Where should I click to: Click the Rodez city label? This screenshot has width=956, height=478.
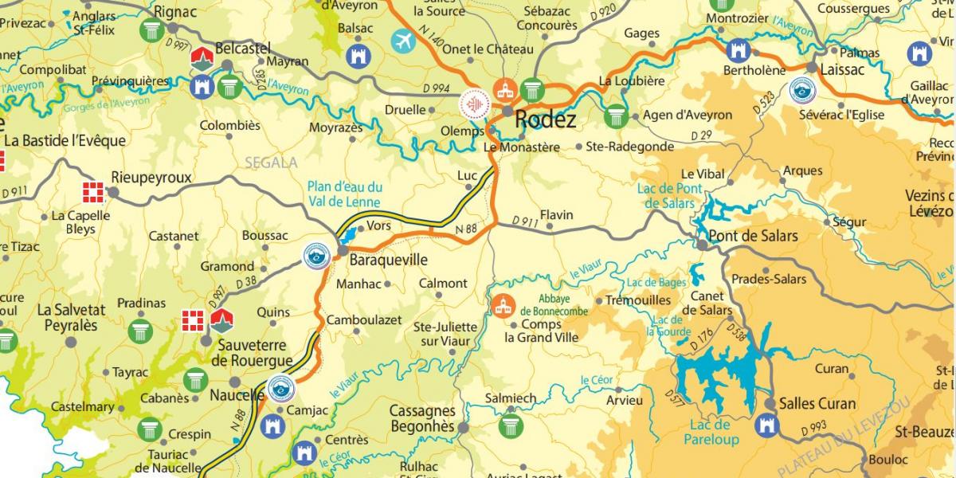pos(546,120)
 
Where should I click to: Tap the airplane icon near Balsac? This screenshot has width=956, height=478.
pos(404,41)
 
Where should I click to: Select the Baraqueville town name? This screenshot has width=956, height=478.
pos(390,261)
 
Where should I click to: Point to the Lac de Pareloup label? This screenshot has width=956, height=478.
pos(710,432)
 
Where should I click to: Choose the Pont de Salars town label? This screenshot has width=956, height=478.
pos(753,236)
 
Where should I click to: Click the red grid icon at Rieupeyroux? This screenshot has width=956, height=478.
pos(94,192)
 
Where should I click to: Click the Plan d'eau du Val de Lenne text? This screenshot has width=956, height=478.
pos(344,194)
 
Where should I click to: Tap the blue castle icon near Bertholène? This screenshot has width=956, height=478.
pos(739,51)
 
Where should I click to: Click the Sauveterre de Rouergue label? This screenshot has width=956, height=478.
pos(251,352)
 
